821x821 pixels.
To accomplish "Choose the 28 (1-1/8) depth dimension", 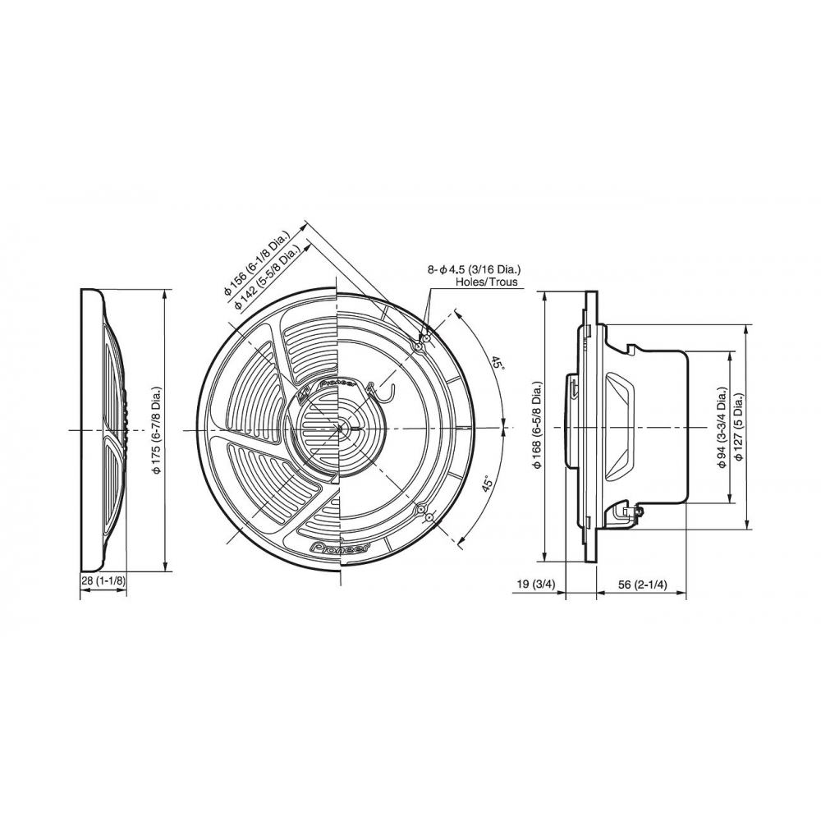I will [103, 581].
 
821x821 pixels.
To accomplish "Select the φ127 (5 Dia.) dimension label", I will [739, 426].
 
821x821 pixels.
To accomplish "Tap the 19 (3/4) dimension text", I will [539, 585].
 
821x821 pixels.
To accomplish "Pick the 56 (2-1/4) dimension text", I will [642, 585].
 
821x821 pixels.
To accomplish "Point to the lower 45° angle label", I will [487, 484].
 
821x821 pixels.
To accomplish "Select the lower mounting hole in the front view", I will [421, 512].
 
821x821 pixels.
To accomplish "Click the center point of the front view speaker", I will [339, 429].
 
